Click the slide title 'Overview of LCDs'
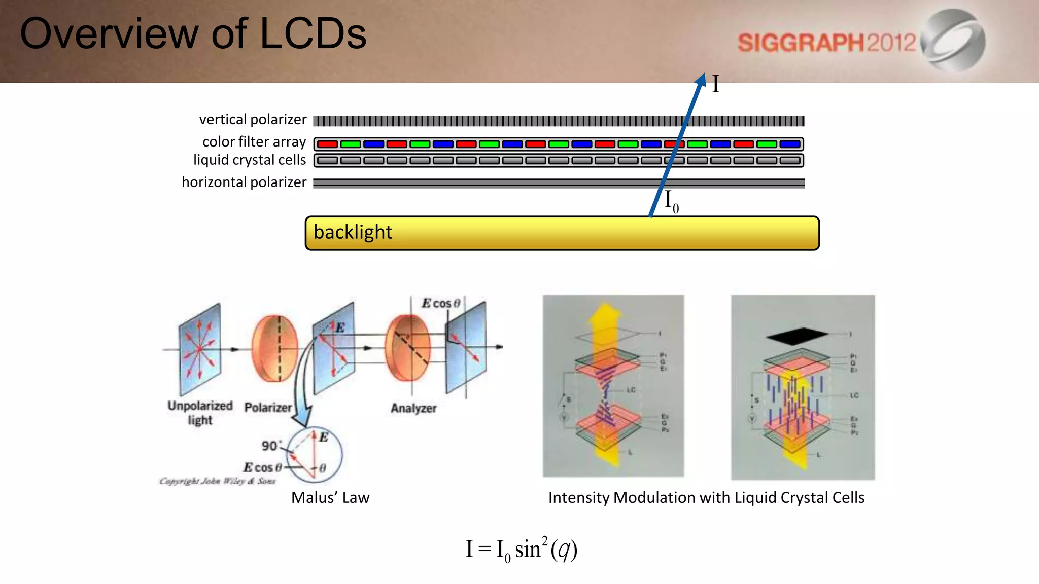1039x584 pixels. [193, 33]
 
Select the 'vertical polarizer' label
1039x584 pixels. [253, 120]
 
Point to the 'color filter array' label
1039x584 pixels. [254, 142]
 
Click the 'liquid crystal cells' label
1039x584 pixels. [250, 160]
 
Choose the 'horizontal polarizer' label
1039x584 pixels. [244, 182]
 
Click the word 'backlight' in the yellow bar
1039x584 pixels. [353, 232]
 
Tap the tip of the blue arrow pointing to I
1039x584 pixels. [703, 76]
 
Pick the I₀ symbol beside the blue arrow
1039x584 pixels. [671, 201]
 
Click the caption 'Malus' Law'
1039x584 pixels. [330, 498]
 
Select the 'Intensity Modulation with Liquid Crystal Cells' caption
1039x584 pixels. [706, 498]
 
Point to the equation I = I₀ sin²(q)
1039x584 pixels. [522, 550]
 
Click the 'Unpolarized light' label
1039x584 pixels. [200, 413]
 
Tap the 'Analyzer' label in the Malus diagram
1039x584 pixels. [413, 408]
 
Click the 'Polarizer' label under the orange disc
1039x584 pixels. [268, 408]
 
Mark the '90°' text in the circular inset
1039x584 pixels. [270, 446]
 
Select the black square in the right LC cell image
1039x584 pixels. [796, 335]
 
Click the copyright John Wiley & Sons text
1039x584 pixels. [218, 481]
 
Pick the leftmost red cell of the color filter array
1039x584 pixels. [327, 144]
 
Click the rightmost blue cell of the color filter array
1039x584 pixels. [790, 144]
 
